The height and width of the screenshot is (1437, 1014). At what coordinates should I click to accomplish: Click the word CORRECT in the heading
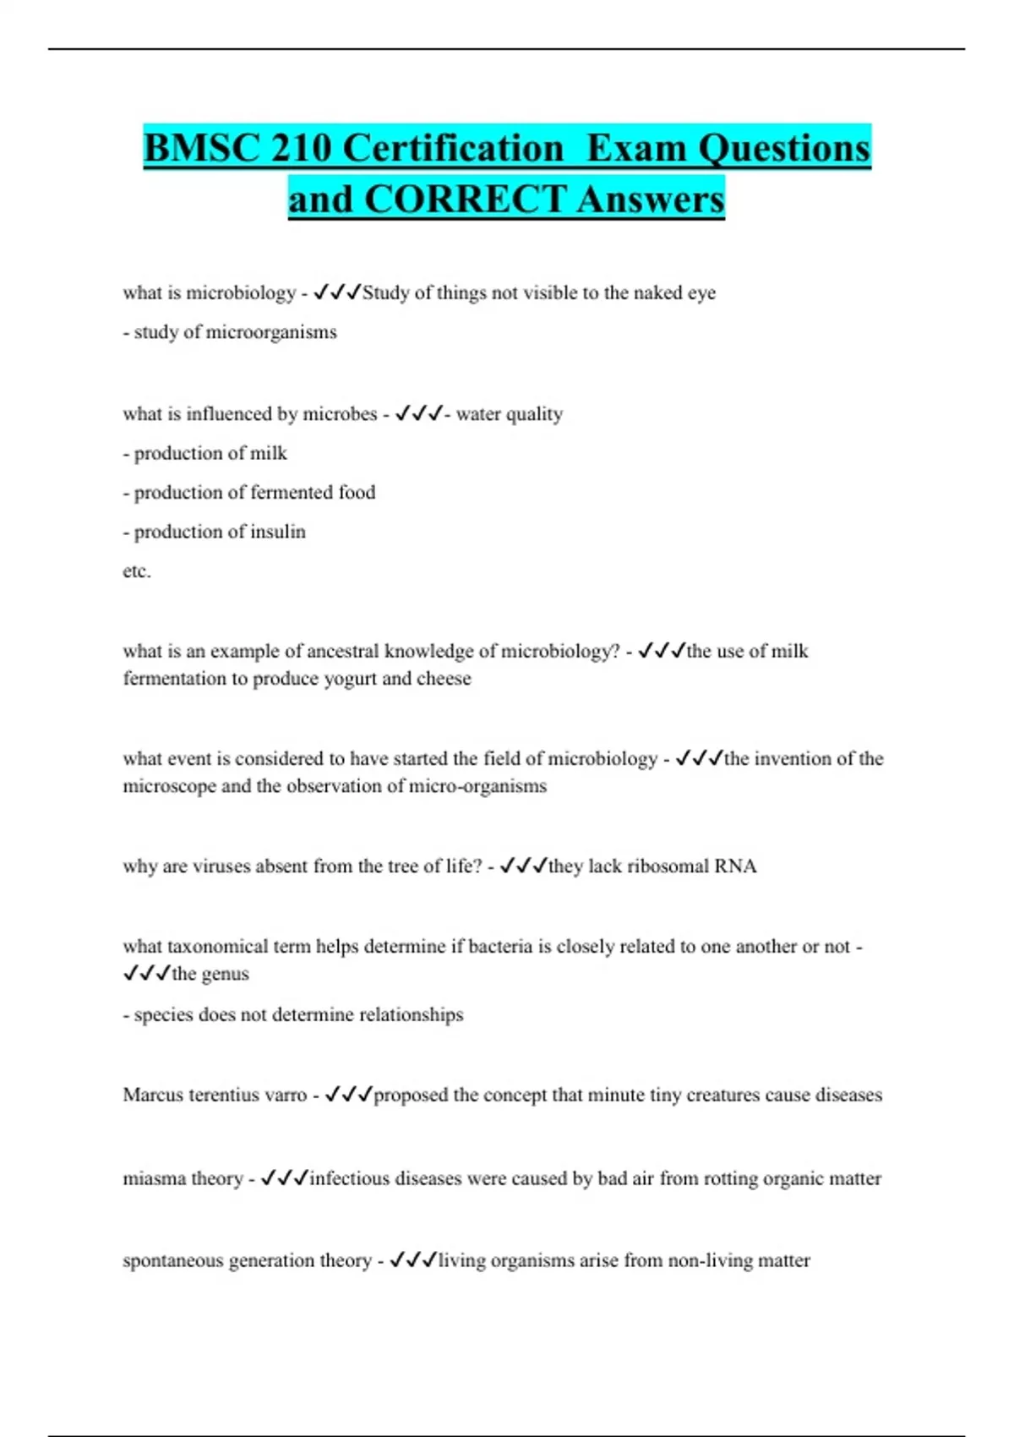(466, 199)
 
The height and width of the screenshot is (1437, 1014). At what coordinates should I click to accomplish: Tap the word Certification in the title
(453, 148)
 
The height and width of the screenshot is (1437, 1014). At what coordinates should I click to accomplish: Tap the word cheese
(444, 679)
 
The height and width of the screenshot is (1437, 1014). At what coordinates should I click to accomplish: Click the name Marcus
(153, 1095)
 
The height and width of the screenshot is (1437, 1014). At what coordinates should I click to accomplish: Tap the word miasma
(153, 1178)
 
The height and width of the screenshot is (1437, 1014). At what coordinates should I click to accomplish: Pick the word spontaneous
(173, 1260)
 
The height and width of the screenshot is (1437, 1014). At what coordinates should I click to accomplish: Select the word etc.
(136, 571)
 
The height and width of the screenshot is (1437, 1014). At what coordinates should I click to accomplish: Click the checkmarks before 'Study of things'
(336, 292)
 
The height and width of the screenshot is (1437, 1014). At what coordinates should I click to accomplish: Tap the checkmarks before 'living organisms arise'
(412, 1260)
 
